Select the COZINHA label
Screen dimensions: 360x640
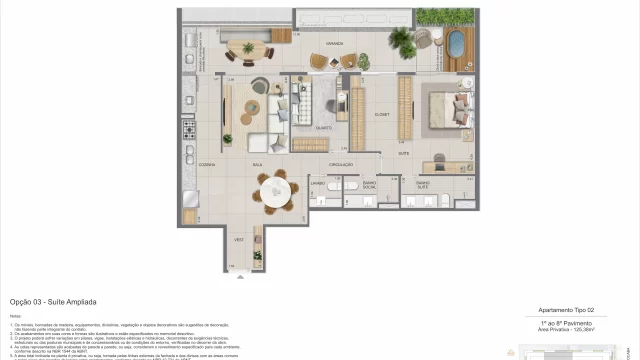(x=207, y=164)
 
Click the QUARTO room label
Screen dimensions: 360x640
(x=326, y=128)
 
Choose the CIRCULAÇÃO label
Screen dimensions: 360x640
(x=342, y=164)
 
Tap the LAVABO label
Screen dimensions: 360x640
(x=318, y=184)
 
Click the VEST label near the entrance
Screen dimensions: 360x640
(x=240, y=240)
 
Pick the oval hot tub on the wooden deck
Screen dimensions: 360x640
(x=456, y=43)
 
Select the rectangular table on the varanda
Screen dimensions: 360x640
(x=247, y=49)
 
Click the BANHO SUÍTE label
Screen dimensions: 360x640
(x=424, y=185)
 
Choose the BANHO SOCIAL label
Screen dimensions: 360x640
(x=369, y=185)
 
